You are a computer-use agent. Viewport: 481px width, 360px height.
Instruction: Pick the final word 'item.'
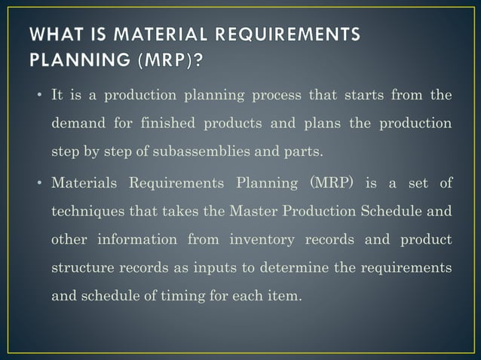[x=286, y=295]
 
